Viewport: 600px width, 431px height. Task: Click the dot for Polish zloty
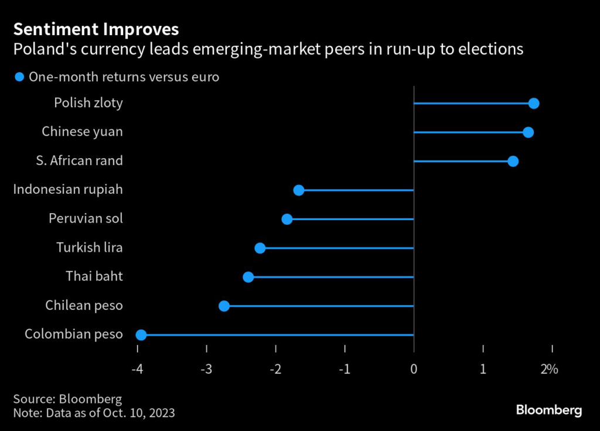tap(533, 104)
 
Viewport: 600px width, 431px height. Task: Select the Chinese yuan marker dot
tap(528, 132)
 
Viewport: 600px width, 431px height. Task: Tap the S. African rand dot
tap(513, 161)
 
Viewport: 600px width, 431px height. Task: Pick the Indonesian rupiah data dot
tap(298, 190)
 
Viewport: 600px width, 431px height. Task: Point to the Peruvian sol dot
tap(287, 219)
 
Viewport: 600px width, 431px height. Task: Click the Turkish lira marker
tap(260, 248)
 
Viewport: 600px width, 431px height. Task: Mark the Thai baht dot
tap(248, 276)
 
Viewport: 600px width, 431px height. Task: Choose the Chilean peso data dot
tap(224, 306)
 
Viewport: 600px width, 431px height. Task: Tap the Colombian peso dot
tap(141, 334)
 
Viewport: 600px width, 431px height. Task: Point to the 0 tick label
tap(414, 370)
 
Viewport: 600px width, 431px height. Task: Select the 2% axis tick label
tap(550, 370)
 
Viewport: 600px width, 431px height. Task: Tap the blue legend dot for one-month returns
tap(19, 77)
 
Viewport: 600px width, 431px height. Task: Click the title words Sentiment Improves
tap(96, 29)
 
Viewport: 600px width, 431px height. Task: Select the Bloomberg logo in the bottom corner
tap(548, 410)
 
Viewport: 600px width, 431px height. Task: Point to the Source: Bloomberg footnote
tap(67, 399)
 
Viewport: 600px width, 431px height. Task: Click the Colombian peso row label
tap(74, 334)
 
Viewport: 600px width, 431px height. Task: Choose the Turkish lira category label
tap(90, 248)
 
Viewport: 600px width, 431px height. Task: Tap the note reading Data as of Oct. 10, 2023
tap(94, 413)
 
